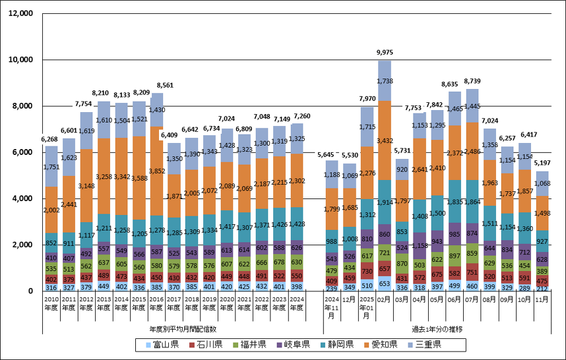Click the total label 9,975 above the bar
[x=384, y=52]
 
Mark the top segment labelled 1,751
[x=51, y=167]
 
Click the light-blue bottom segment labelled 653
[x=385, y=284]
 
